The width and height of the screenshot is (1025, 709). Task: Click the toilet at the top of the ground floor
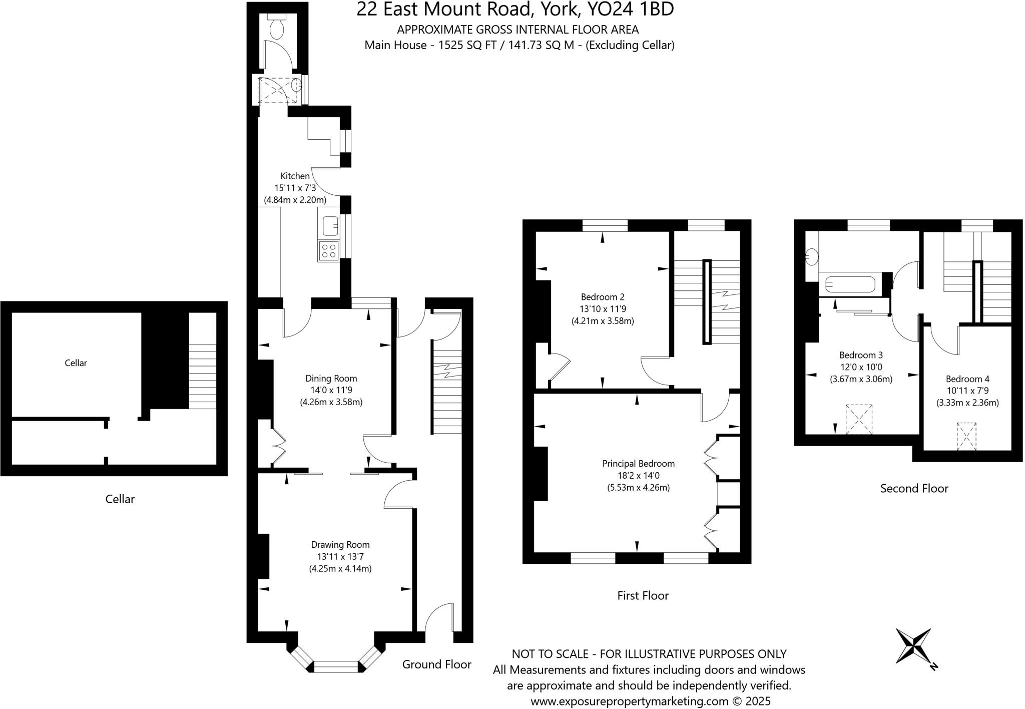tap(277, 27)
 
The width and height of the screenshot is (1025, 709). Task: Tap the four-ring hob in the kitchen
tap(328, 250)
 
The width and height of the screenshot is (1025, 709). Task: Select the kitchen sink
tap(330, 226)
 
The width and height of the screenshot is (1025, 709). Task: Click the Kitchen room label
tap(295, 176)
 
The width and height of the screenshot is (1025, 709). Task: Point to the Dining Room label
tap(331, 379)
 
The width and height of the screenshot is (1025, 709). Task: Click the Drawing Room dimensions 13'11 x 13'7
tap(340, 556)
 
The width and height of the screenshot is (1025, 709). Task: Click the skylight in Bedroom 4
tap(966, 437)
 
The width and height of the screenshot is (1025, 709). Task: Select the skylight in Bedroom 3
tap(859, 419)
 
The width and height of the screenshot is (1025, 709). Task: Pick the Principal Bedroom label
tap(638, 464)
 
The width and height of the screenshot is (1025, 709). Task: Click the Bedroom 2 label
tap(603, 296)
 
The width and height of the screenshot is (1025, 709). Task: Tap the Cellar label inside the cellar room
tap(76, 363)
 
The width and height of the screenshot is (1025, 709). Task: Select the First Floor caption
tap(643, 595)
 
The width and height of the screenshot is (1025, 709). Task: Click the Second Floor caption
tap(914, 488)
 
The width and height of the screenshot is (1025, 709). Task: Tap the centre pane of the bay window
tap(337, 666)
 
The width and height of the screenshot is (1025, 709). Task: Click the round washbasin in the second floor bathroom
tap(811, 257)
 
